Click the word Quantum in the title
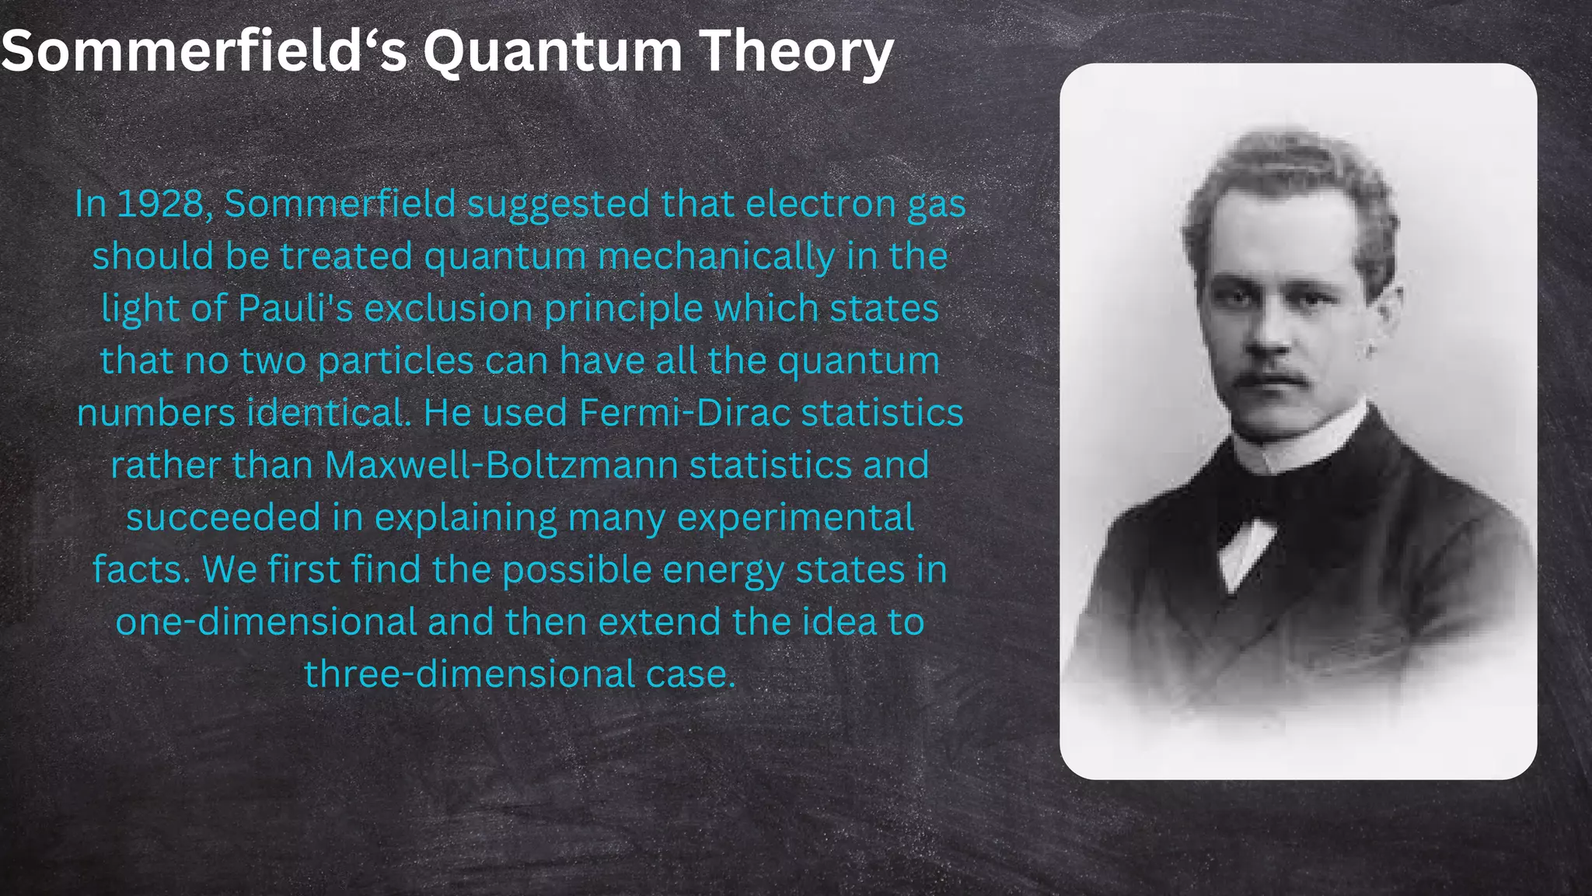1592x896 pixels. point(552,51)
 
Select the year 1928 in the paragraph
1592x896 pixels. point(160,204)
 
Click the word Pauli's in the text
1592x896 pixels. point(295,308)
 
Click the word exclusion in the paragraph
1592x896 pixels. point(449,308)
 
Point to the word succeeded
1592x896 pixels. point(223,517)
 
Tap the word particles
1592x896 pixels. point(396,361)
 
